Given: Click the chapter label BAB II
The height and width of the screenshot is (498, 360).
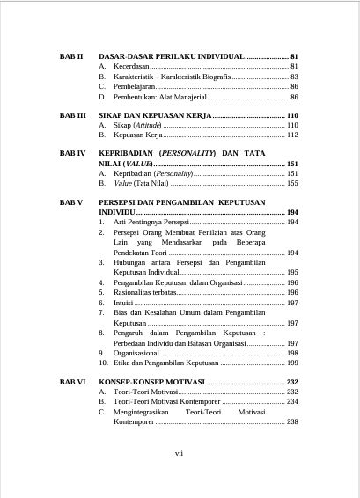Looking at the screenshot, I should (70, 55).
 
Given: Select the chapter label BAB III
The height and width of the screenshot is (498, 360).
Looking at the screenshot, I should (72, 115).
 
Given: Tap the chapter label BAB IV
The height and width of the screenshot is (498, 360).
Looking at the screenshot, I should (72, 152).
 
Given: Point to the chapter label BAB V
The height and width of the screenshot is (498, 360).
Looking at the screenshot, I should (71, 201).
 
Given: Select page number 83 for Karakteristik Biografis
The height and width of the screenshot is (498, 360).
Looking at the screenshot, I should (293, 77).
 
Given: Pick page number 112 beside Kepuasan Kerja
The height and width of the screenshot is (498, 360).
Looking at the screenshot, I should (291, 135).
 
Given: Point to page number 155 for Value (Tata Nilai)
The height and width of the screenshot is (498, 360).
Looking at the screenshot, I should (291, 184).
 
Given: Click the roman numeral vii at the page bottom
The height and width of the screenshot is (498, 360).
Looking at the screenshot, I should (179, 453).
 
